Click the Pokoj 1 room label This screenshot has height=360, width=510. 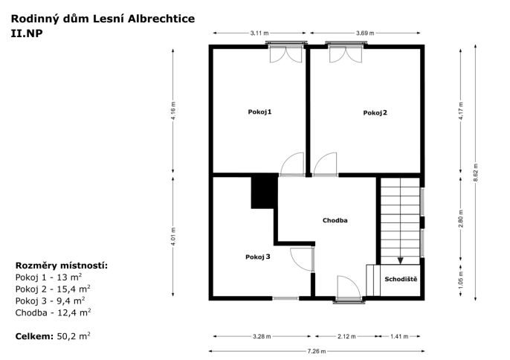pyautogui.click(x=259, y=112)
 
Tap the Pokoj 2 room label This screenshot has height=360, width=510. pyautogui.click(x=375, y=113)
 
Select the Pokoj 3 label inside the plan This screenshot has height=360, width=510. pyautogui.click(x=257, y=257)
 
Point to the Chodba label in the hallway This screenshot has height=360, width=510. pyautogui.click(x=335, y=220)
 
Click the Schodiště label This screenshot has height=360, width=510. pyautogui.click(x=401, y=279)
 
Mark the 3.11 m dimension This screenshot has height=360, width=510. pyautogui.click(x=259, y=33)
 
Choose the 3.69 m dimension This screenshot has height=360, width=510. pyautogui.click(x=365, y=33)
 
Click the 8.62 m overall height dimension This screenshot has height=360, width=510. pyautogui.click(x=476, y=173)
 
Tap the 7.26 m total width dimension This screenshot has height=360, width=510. pyautogui.click(x=317, y=351)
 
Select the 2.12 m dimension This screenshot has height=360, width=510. pyautogui.click(x=346, y=336)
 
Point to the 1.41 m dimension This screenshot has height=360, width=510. pyautogui.click(x=399, y=336)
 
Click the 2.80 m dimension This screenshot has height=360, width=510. pyautogui.click(x=461, y=219)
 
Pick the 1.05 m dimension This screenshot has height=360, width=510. pyautogui.click(x=461, y=280)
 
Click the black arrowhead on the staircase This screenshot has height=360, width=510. pyautogui.click(x=401, y=261)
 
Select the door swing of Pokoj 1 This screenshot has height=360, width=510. pyautogui.click(x=292, y=164)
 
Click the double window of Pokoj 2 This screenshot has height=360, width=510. pyautogui.click(x=346, y=52)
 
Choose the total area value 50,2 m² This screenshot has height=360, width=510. pyautogui.click(x=74, y=336)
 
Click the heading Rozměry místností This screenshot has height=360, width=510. pyautogui.click(x=62, y=266)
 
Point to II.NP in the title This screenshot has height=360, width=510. pyautogui.click(x=27, y=33)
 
